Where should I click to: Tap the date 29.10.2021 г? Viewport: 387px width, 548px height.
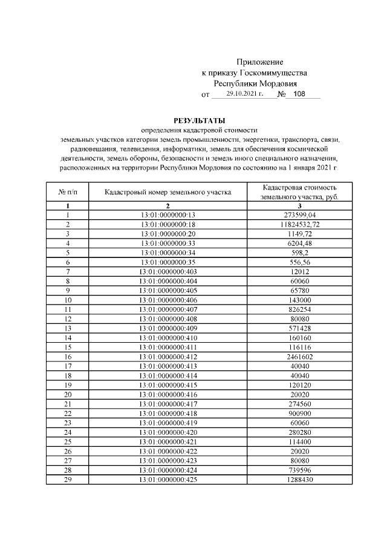[246, 94]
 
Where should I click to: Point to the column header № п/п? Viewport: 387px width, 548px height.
[68, 192]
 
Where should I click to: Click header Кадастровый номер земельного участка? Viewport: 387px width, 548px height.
[168, 192]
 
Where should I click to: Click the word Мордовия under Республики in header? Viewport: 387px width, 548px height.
[281, 84]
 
